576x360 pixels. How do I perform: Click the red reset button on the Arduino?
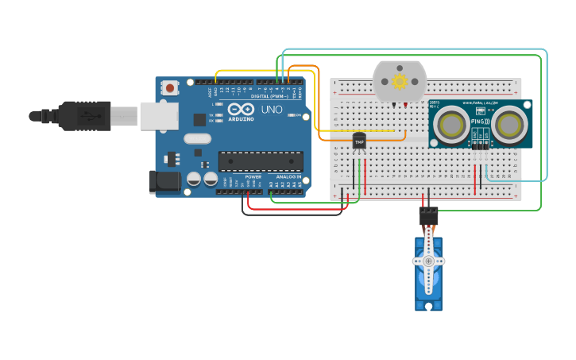(x=170, y=87)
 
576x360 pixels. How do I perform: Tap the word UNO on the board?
(x=272, y=109)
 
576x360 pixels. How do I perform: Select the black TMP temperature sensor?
(x=359, y=141)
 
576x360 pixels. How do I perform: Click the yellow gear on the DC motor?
(x=400, y=81)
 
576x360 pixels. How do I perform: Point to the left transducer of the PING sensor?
(x=451, y=125)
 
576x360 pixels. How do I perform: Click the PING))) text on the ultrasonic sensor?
(x=481, y=122)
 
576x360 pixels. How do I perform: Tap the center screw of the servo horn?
(x=428, y=261)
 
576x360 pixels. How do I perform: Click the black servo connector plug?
(x=428, y=215)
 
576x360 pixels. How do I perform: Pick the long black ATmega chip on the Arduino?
(x=260, y=161)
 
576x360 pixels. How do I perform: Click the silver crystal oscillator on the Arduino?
(x=198, y=139)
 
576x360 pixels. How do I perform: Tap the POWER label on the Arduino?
(x=253, y=176)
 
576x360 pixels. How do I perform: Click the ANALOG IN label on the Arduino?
(x=288, y=176)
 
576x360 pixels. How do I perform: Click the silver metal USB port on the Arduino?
(x=159, y=115)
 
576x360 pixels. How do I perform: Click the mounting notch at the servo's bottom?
(x=428, y=306)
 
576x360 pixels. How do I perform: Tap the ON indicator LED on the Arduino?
(x=305, y=116)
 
